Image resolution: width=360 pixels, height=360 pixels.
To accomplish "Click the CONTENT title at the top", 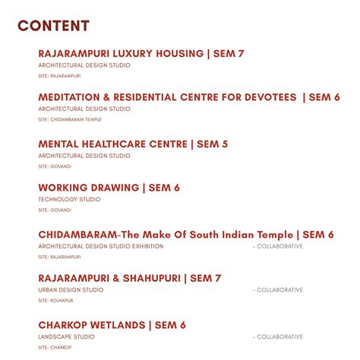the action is tap(53, 26).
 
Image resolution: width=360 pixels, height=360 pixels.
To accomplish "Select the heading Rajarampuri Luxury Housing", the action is tap(121, 54).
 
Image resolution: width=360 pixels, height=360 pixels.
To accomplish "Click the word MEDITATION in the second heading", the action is tap(69, 97).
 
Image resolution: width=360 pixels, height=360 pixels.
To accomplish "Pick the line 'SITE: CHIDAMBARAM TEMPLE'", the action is tap(69, 119).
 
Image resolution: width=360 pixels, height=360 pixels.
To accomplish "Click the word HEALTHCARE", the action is tap(115, 144).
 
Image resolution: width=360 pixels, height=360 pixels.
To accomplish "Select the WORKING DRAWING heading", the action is tap(88, 188).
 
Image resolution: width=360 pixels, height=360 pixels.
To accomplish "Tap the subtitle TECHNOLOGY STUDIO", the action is tap(69, 200).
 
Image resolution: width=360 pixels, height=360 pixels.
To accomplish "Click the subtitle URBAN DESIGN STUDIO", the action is tap(71, 290).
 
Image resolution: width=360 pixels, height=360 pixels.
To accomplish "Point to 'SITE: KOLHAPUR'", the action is tap(55, 301).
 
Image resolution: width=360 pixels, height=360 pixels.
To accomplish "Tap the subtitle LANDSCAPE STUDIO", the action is tap(67, 336).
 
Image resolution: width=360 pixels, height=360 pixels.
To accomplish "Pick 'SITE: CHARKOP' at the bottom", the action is tap(55, 347).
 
